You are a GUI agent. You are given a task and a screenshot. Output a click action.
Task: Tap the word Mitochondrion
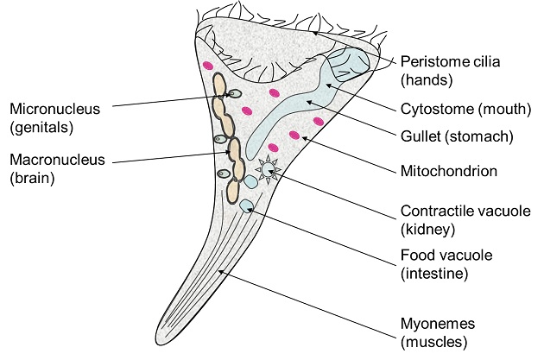[x=449, y=171]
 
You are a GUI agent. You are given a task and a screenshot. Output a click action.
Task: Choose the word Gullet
[x=421, y=136]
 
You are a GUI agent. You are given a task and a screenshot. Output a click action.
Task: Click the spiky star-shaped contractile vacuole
[x=271, y=171]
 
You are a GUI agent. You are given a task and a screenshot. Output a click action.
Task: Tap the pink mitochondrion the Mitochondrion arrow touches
[x=295, y=135]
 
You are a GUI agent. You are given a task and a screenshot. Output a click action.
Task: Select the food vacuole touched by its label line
[x=247, y=205]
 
